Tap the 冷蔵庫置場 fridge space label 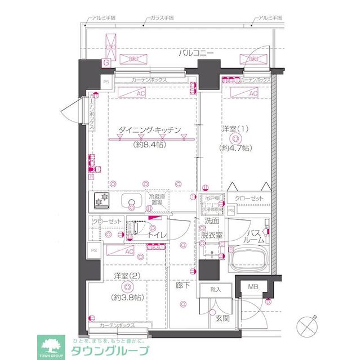[x=158, y=199]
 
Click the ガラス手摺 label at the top [x=161, y=19]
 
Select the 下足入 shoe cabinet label [x=216, y=290]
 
